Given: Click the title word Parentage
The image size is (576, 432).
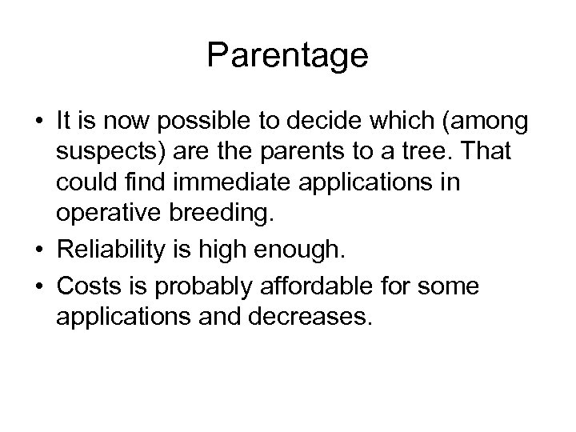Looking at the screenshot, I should [x=287, y=55].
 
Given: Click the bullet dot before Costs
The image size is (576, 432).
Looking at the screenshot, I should [x=40, y=286].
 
